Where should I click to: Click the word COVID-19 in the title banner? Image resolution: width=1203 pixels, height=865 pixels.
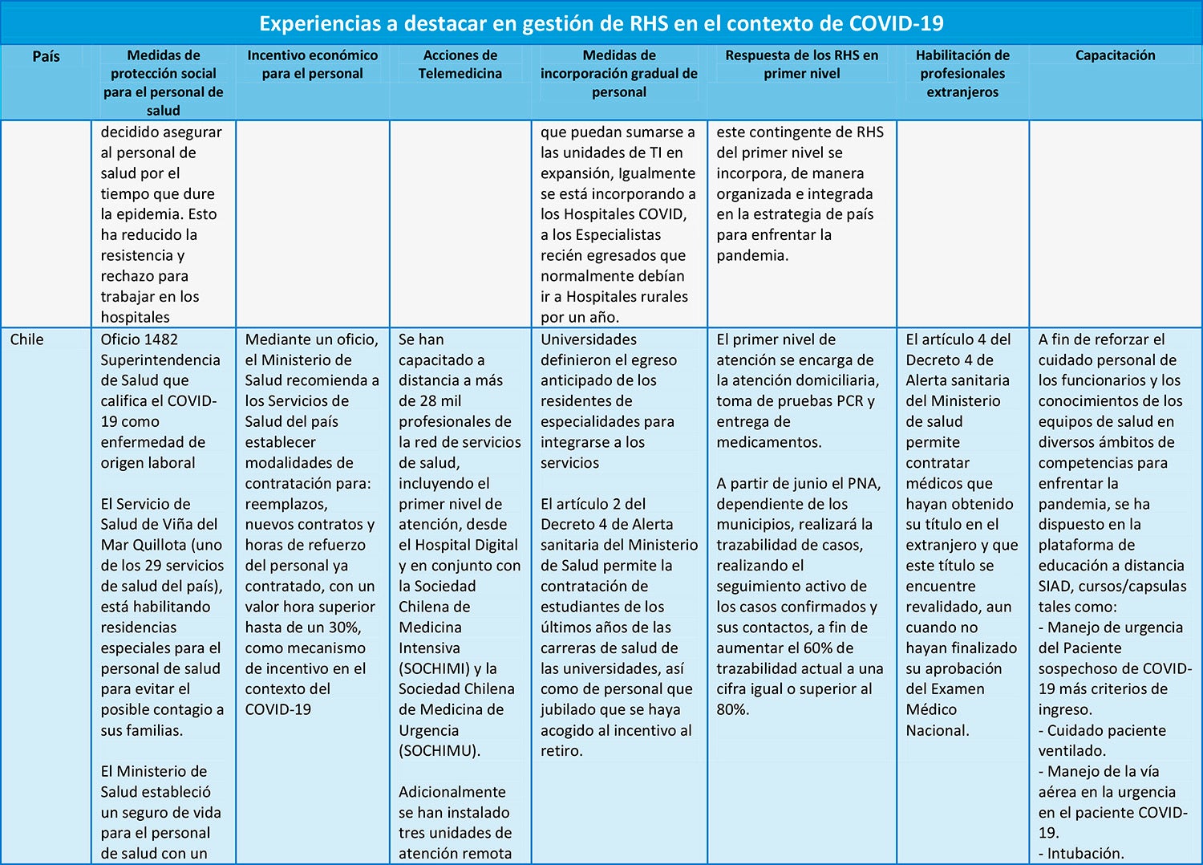click(896, 23)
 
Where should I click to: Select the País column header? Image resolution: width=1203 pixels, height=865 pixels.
click(46, 56)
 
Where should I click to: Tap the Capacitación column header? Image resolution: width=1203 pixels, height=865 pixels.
click(1115, 55)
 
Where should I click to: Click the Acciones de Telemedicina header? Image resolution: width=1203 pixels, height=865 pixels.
click(460, 64)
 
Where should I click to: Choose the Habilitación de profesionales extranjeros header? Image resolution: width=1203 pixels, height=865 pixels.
click(962, 73)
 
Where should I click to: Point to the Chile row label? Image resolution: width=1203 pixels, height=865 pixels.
click(26, 339)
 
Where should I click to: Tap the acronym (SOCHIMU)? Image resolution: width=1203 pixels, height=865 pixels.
click(438, 751)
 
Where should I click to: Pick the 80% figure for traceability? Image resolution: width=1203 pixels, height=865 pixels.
click(731, 709)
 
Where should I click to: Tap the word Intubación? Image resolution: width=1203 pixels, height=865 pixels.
click(1085, 854)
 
